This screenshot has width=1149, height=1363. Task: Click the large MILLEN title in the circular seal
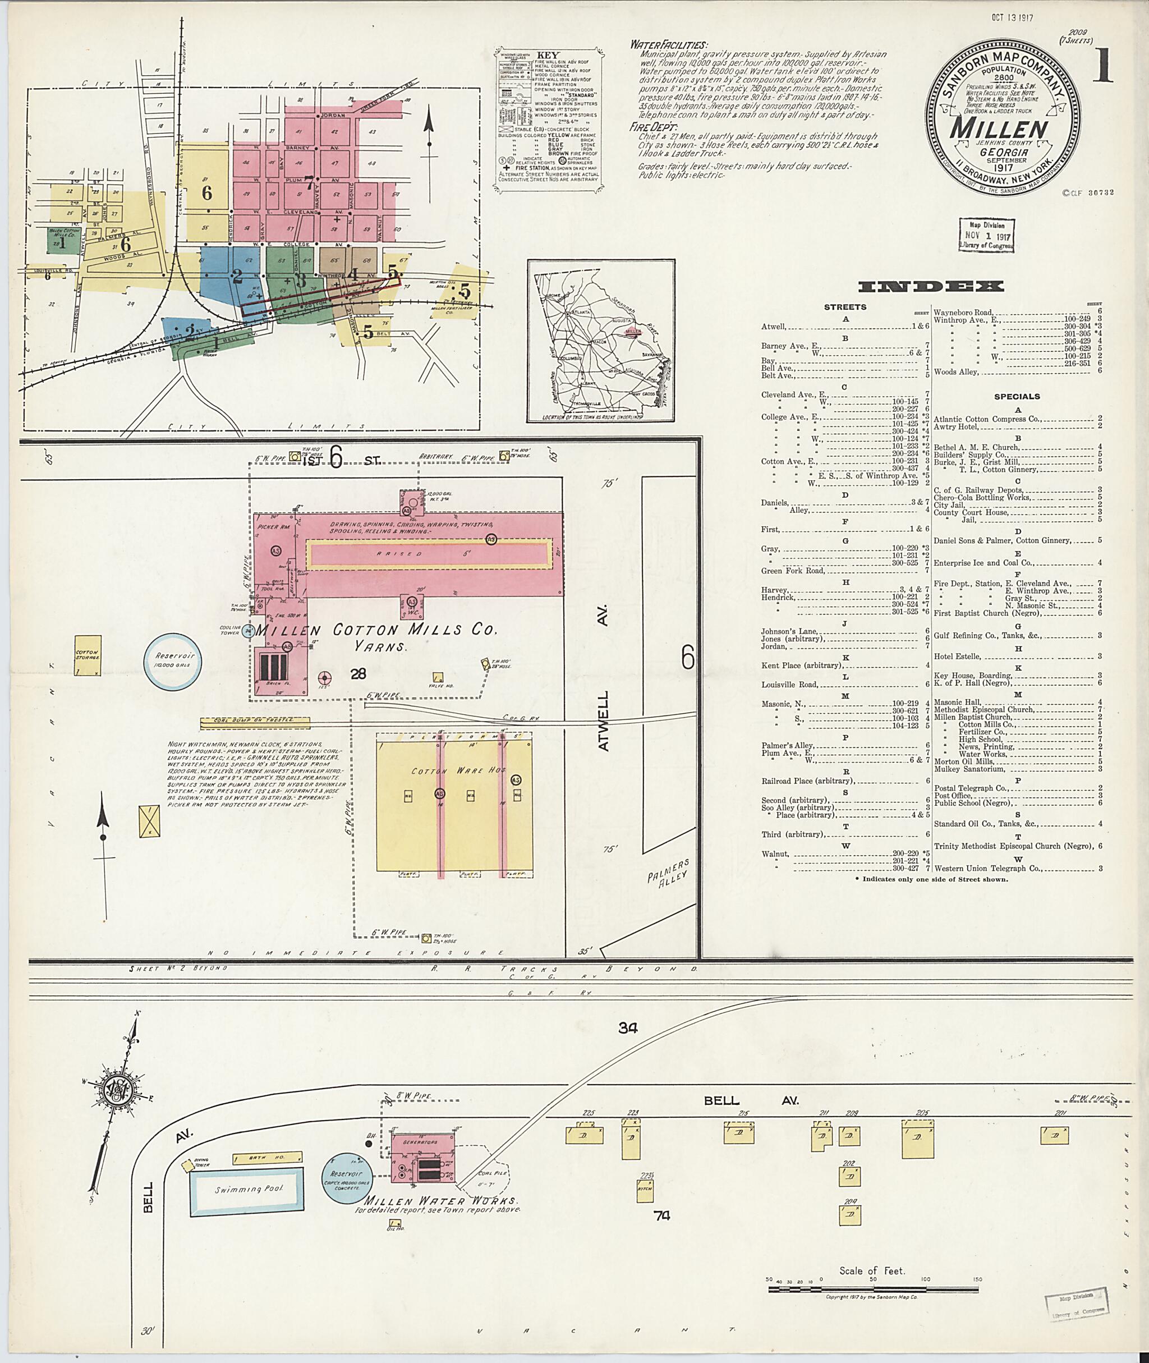coord(999,128)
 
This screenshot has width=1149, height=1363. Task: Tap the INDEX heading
coord(931,286)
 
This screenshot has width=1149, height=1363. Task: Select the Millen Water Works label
coord(440,1201)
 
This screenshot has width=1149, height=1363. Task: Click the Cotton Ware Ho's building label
coord(458,771)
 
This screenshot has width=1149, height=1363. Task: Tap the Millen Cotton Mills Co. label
coord(376,630)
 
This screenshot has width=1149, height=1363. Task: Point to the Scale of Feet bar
coord(872,1289)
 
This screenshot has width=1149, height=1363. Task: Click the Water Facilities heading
coord(668,45)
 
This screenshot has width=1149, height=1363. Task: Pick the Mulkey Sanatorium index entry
coord(969,769)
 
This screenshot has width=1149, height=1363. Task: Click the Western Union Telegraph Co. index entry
coord(987,868)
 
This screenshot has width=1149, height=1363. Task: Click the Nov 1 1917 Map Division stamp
coord(986,235)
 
